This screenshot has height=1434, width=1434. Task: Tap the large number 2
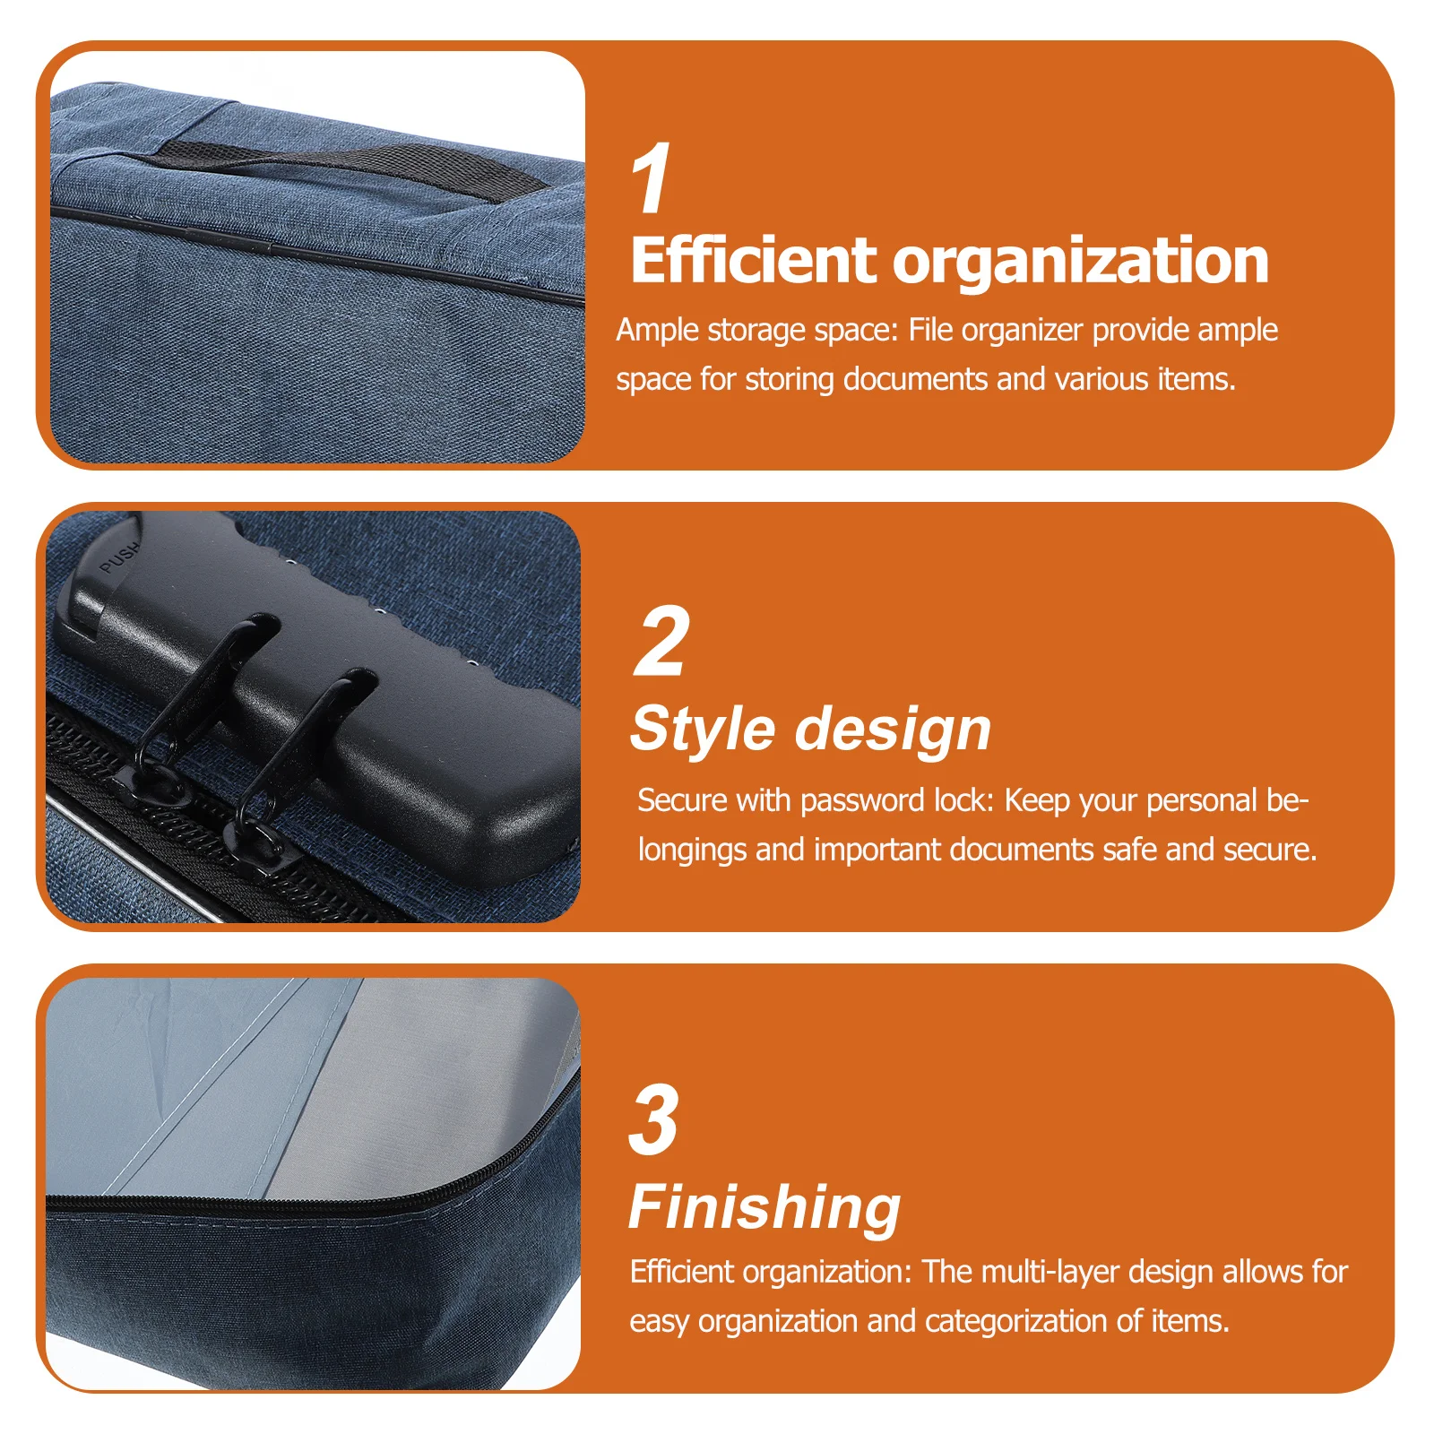click(661, 642)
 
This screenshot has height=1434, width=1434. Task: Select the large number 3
click(653, 1119)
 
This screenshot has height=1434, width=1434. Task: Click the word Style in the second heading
click(703, 728)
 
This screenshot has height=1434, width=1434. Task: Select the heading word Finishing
click(764, 1206)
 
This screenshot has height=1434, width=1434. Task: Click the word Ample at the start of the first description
click(657, 330)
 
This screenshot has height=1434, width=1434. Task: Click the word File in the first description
click(930, 330)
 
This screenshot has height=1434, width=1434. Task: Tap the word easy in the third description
click(659, 1321)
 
